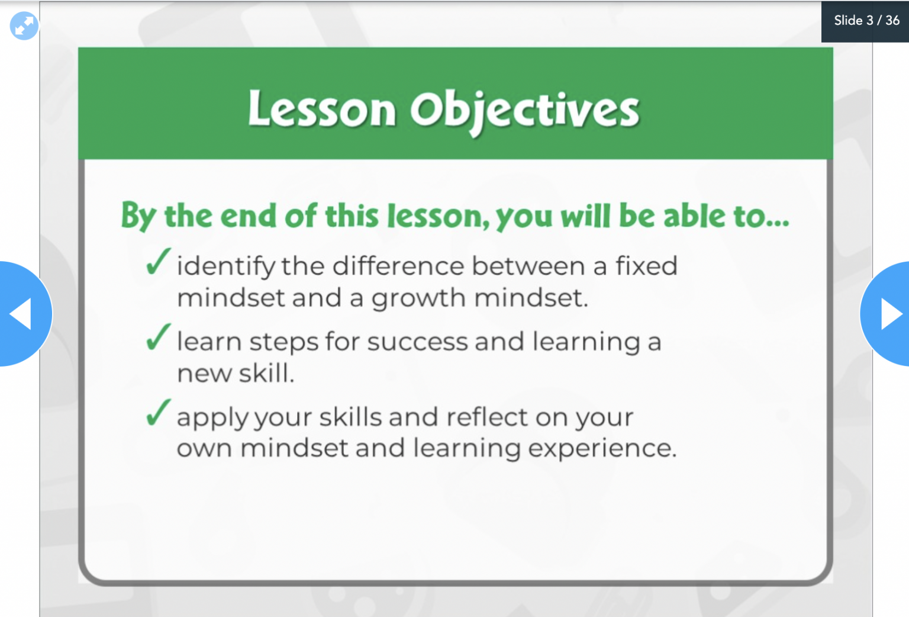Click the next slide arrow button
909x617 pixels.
(x=888, y=313)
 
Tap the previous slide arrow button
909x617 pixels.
(x=22, y=313)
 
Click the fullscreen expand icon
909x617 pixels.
(x=24, y=26)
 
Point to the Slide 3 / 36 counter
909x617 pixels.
(x=866, y=21)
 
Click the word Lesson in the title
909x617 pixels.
(x=321, y=110)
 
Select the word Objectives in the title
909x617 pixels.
(x=524, y=111)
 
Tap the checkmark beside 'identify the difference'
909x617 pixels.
(x=158, y=262)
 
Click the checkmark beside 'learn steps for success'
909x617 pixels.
(x=158, y=338)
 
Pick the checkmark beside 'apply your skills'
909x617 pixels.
(x=158, y=413)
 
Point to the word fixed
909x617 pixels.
(x=646, y=266)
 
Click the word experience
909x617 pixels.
(x=602, y=449)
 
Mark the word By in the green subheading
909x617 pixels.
(x=138, y=216)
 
